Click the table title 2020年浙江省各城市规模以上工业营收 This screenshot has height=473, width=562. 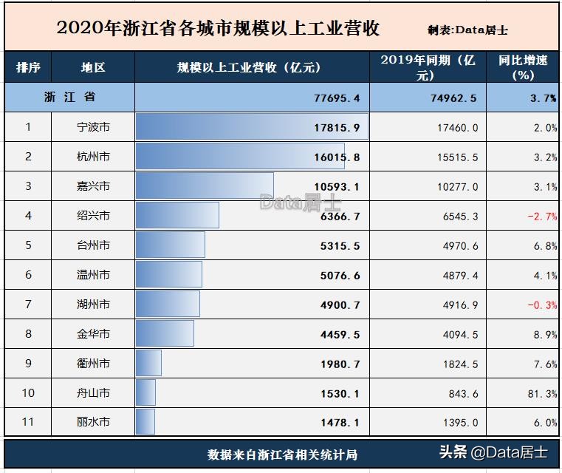pos(218,29)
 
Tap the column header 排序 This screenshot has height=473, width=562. pos(28,67)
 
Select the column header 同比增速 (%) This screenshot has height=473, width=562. pos(523,67)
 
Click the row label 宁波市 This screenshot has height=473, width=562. pos(93,127)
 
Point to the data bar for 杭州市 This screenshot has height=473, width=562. pos(229,157)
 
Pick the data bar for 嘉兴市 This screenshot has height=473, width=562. pos(204,186)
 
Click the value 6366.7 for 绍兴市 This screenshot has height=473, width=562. pos(337,216)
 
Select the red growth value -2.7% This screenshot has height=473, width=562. pos(542,216)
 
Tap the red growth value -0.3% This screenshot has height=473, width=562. pos(542,304)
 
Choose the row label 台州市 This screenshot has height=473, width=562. pos(93,245)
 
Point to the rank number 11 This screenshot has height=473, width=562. pos(28,422)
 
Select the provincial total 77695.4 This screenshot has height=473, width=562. pos(337,98)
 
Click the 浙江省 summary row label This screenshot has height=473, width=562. pos(69,98)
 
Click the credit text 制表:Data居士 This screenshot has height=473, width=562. pos(467,30)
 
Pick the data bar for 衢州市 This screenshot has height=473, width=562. pos(148,364)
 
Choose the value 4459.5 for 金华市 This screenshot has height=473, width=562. pos(337,334)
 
